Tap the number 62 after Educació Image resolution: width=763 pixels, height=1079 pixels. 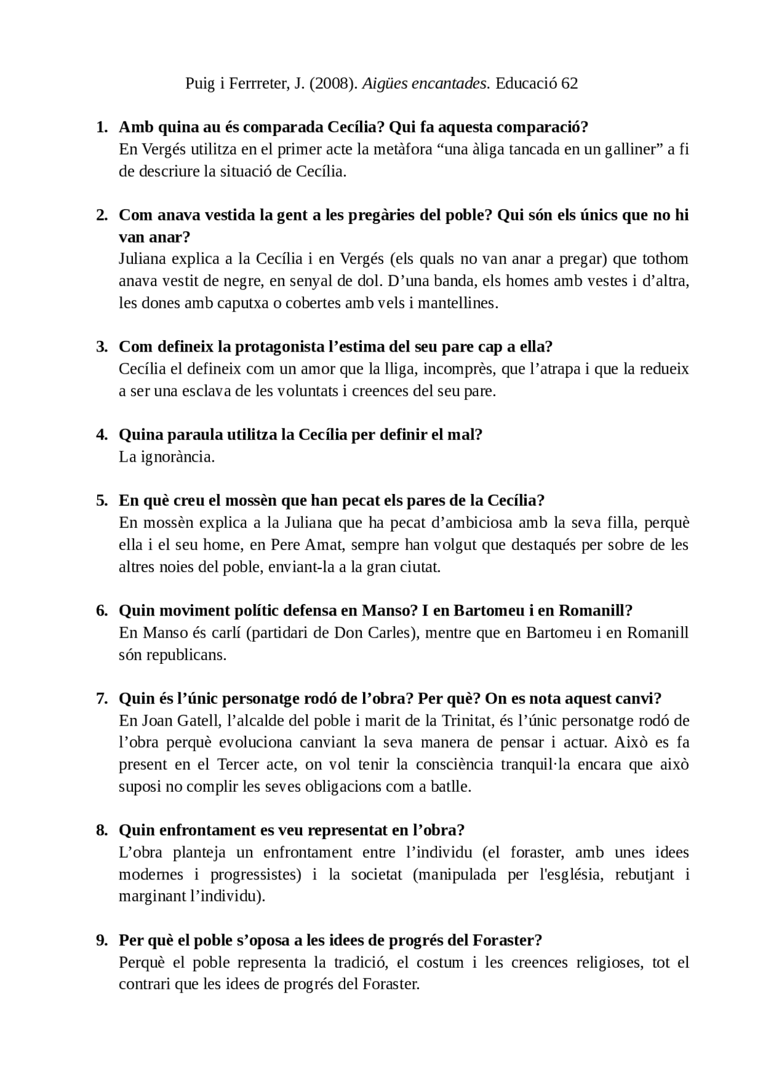[x=570, y=83]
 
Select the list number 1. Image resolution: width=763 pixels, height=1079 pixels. [x=101, y=127]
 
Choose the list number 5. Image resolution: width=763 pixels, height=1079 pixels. [x=101, y=500]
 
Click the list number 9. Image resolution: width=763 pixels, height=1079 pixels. [x=101, y=940]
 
